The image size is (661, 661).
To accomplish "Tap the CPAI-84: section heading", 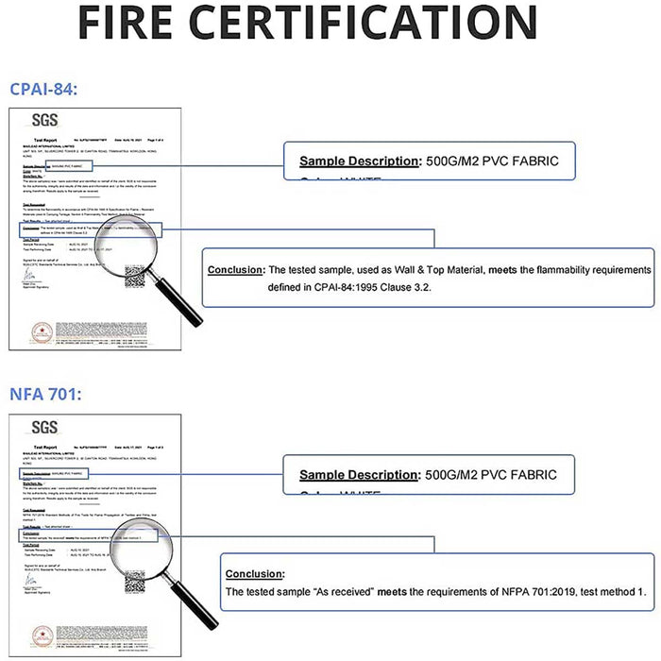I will (x=42, y=89).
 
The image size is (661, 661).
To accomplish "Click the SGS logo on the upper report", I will (x=44, y=121).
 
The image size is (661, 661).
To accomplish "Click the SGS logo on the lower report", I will (x=44, y=427).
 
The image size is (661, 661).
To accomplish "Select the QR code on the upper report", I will (x=135, y=275).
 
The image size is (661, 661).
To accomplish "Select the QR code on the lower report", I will (x=135, y=567).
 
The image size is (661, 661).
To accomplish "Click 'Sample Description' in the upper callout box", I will (x=360, y=161).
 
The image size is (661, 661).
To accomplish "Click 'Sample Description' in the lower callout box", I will (x=360, y=474).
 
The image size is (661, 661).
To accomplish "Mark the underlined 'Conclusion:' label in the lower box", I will (x=255, y=573).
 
